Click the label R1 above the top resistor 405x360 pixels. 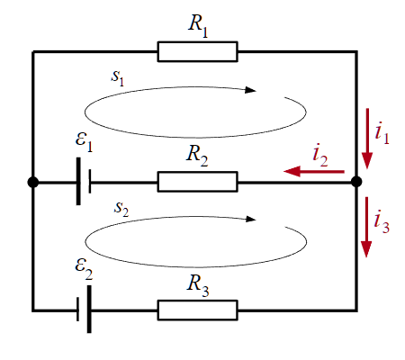pos(198,26)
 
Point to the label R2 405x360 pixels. pos(197,156)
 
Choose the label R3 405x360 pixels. pos(198,286)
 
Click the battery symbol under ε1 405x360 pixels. pos(84,182)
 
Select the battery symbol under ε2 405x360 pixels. pos(84,310)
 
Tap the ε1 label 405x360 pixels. pos(84,142)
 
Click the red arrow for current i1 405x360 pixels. pos(367,139)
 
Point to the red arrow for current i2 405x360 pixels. pos(314,172)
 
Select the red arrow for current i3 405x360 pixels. pos(366,227)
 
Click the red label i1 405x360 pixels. pos(382,133)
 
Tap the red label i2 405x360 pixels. pos(320,155)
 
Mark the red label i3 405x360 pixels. pos(382,222)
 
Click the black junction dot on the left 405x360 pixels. pos(33,182)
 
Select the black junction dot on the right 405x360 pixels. pos(356,182)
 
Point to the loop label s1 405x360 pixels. pos(117,78)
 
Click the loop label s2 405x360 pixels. pos(121,209)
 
